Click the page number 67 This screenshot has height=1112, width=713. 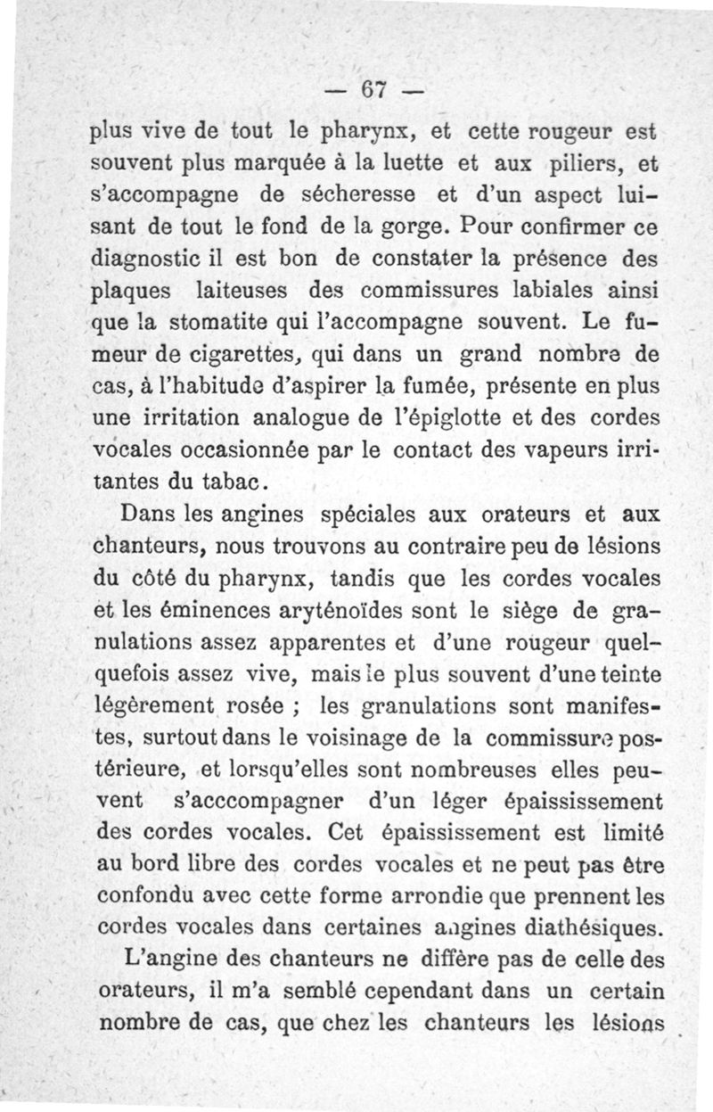372,90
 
